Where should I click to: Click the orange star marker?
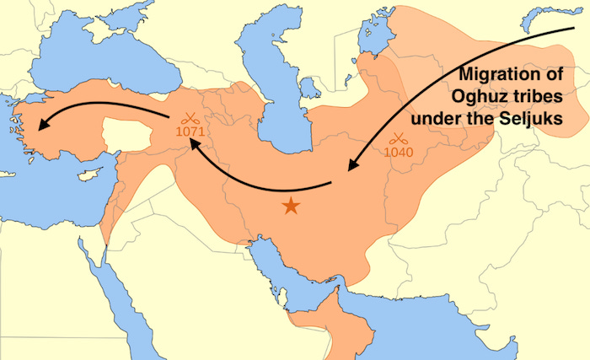point(291,204)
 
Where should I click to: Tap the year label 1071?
point(190,132)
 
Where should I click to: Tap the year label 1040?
point(398,152)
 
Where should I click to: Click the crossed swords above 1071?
point(190,119)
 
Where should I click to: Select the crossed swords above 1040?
point(398,138)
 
